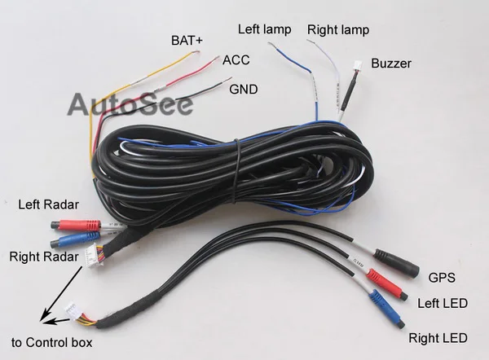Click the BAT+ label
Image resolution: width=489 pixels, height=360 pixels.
coord(188,40)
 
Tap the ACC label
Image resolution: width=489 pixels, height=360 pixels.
coord(236,60)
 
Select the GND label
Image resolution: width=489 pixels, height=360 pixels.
coord(244,88)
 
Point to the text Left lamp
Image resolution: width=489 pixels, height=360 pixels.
coord(265,29)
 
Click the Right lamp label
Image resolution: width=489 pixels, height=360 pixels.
coord(337,30)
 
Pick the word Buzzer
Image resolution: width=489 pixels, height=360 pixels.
coord(391,63)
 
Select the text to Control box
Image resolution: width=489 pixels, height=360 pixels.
coord(51,343)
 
